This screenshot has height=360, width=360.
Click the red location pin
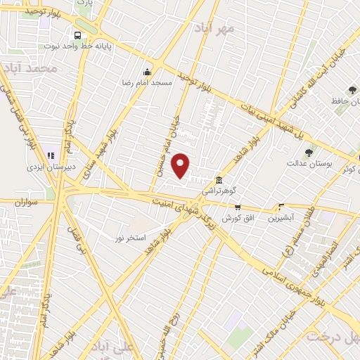coord(181,166)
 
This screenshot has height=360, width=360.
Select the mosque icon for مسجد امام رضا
coord(146,72)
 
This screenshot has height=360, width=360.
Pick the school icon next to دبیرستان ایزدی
coord(50,155)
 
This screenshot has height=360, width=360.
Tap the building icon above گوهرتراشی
coord(220,179)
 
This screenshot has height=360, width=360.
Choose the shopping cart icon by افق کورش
coord(237,207)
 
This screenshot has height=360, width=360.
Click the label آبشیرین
coord(281,218)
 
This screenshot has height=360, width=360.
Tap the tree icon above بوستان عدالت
coord(308,152)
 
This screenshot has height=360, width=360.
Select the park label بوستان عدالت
coord(304,164)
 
